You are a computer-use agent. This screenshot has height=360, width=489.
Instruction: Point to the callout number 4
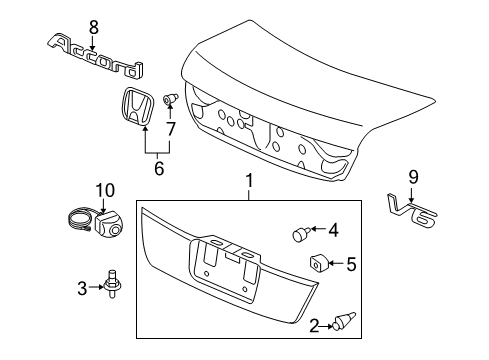point(333,229)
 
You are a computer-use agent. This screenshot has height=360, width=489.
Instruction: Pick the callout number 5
point(350,265)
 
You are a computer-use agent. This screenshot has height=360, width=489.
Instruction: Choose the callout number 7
point(171,129)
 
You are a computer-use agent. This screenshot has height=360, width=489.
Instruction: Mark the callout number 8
point(93,27)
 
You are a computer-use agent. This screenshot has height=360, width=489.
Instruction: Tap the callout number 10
point(105,190)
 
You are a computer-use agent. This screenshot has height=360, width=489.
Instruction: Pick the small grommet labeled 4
point(297,233)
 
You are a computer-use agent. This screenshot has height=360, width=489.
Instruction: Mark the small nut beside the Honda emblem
point(171,98)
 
